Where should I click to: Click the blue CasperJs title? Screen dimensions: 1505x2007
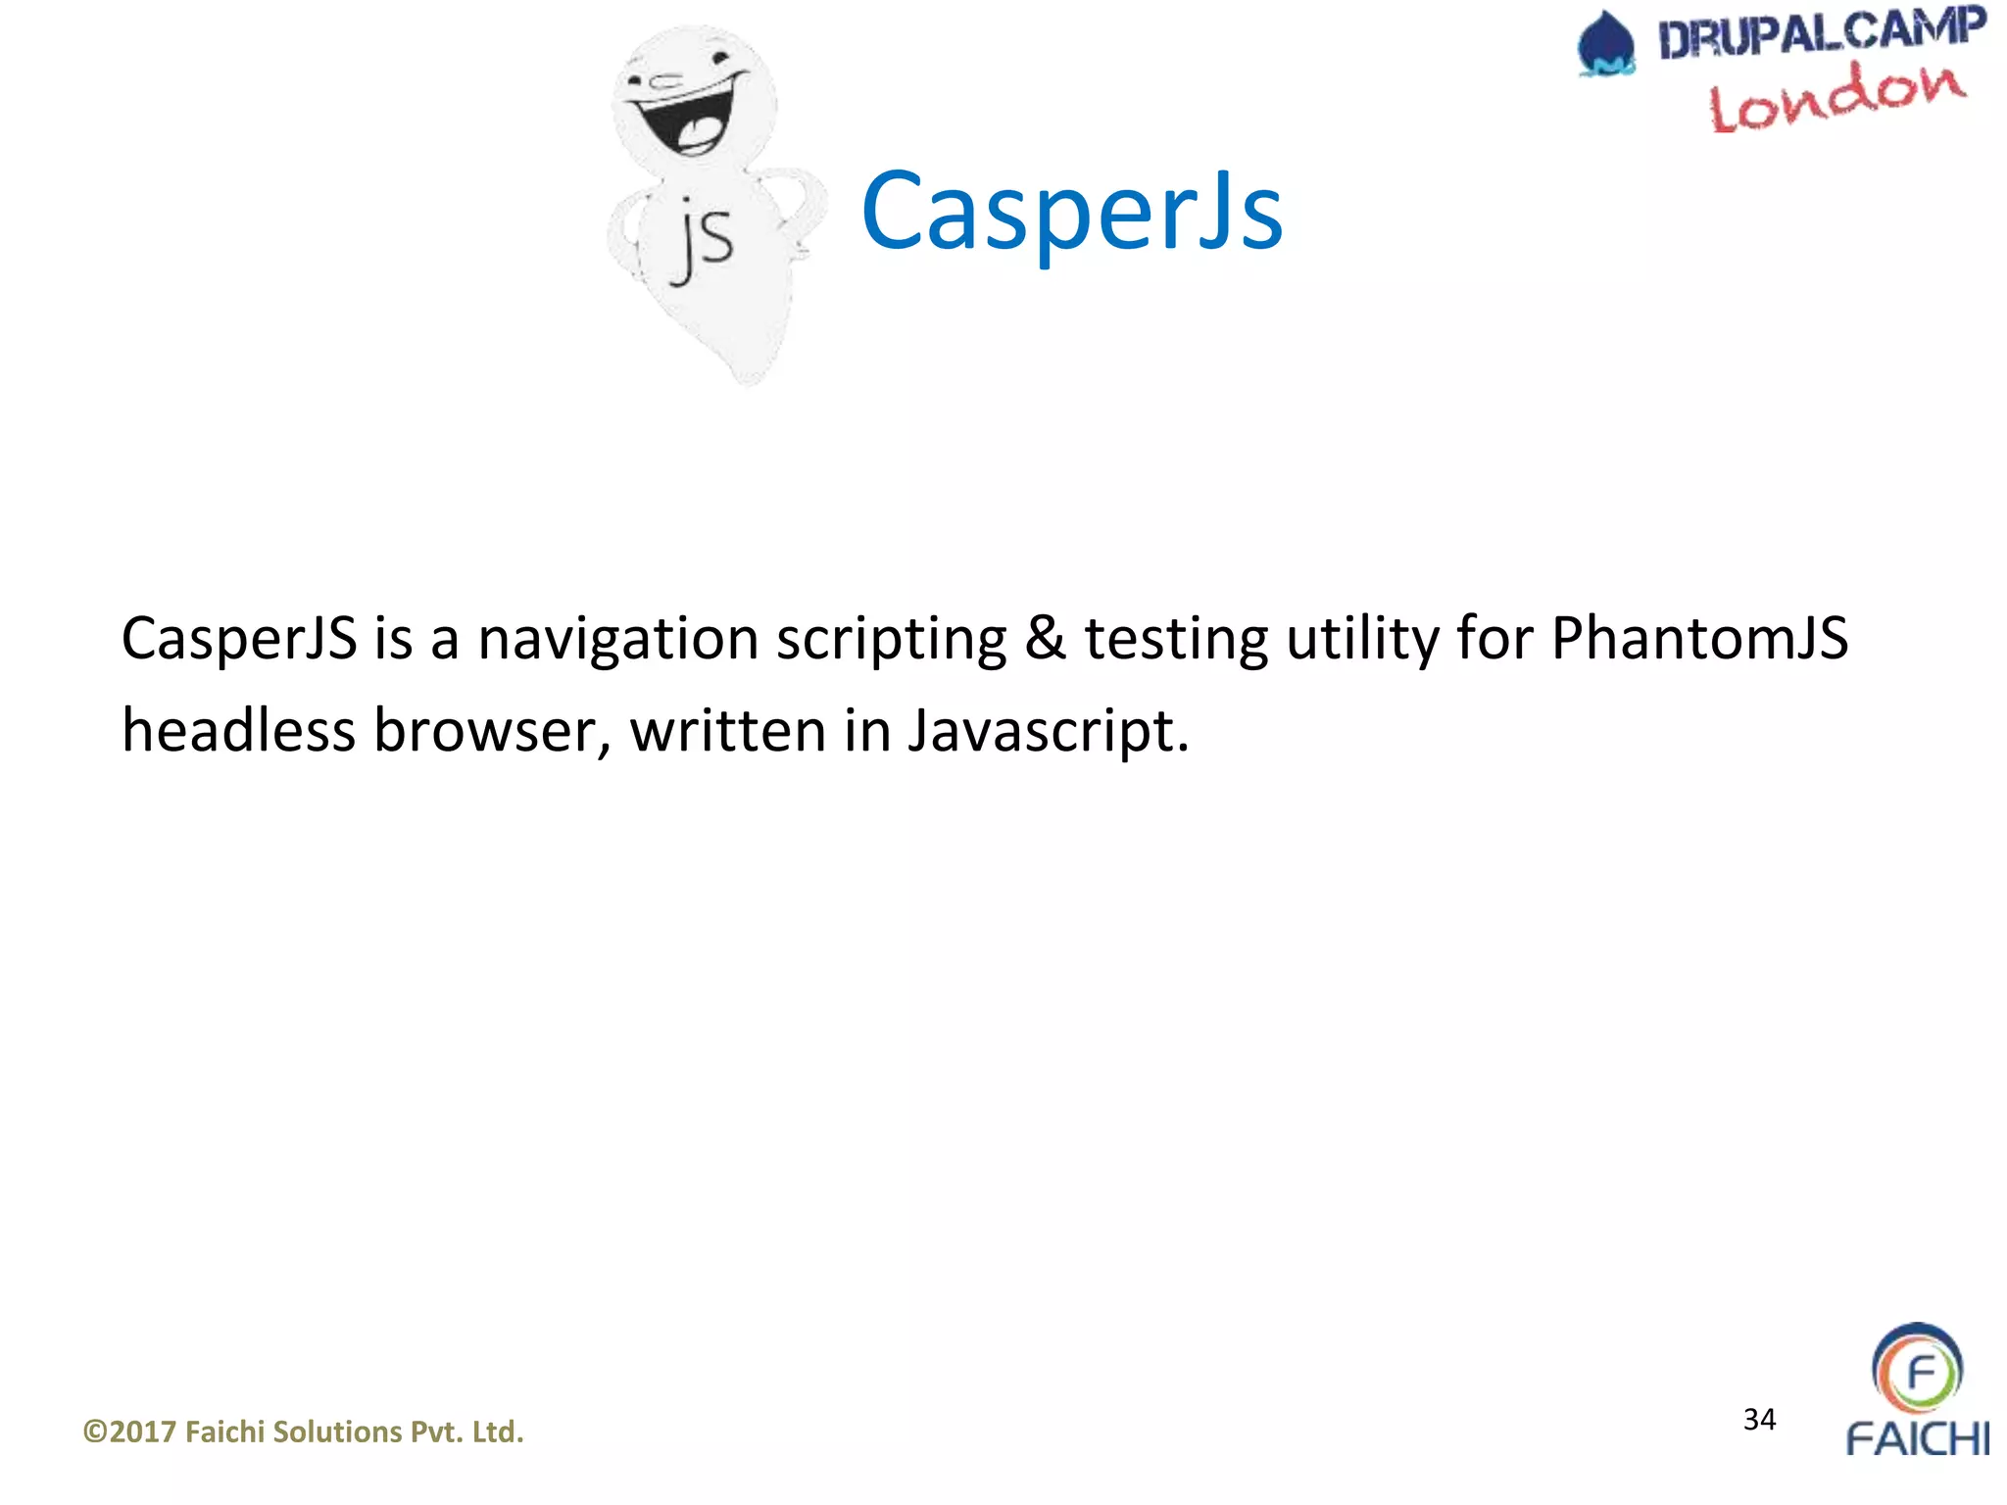[x=1071, y=211]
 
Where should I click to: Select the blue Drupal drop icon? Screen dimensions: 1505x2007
[x=1606, y=45]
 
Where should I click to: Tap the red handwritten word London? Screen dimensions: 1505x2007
[x=1836, y=96]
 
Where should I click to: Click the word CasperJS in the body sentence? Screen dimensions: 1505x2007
[x=238, y=639]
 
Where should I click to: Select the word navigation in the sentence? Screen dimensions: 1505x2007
[x=617, y=639]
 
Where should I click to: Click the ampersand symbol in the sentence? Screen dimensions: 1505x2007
[x=1045, y=639]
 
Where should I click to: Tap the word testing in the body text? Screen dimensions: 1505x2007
[x=1175, y=639]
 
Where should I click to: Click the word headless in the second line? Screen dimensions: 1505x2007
[x=238, y=731]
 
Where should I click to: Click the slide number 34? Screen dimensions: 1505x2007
[x=1759, y=1419]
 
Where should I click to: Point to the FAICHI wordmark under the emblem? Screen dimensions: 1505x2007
[x=1917, y=1439]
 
